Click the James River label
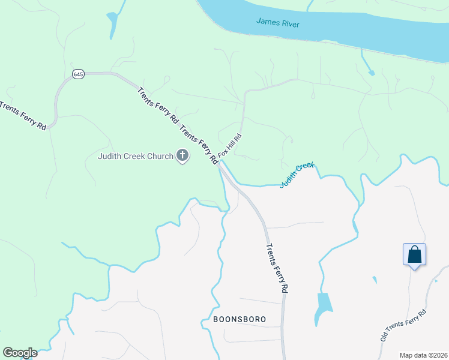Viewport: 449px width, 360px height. [277, 23]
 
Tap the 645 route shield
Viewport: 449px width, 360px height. [78, 74]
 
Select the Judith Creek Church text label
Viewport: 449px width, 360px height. [135, 157]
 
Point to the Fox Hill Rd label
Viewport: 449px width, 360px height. [230, 145]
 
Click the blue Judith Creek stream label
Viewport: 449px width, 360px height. [297, 175]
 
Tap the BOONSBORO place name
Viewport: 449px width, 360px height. [239, 319]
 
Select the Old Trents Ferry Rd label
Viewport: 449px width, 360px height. [403, 326]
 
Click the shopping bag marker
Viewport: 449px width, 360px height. [415, 254]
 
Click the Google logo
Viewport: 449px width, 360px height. [20, 353]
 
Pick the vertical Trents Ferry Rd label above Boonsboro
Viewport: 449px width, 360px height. [277, 268]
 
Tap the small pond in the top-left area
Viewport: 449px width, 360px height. [112, 24]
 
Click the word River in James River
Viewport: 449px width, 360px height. [289, 23]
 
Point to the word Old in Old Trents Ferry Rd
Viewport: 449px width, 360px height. [384, 337]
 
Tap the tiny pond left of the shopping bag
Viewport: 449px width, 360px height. [375, 280]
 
